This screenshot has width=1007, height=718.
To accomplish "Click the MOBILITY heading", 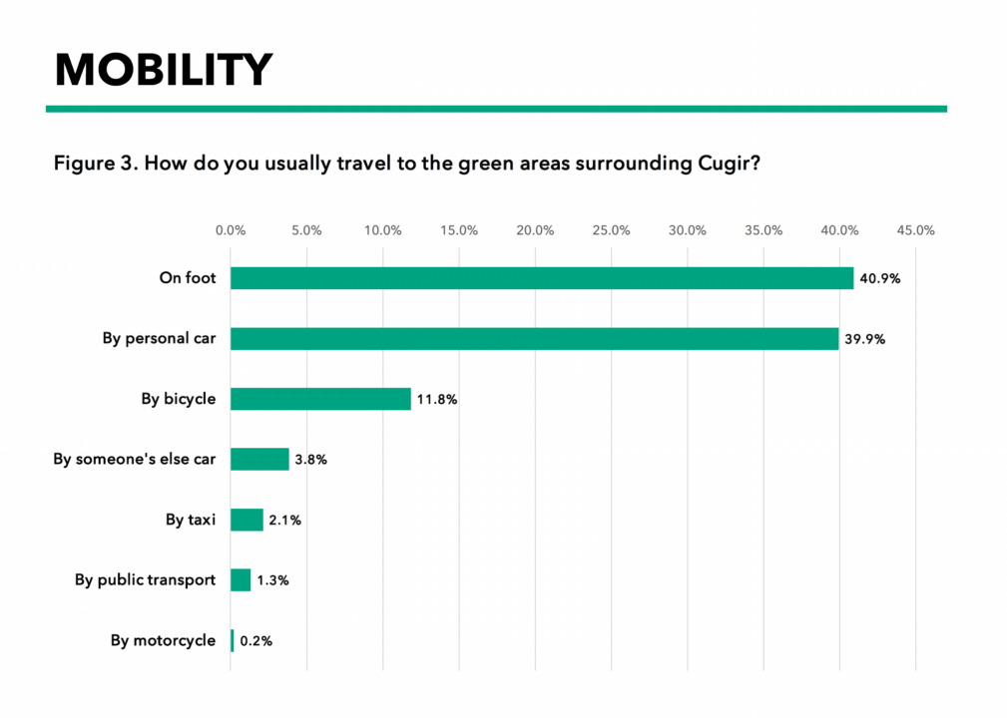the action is point(164,69).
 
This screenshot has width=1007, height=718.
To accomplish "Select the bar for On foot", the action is point(542,278).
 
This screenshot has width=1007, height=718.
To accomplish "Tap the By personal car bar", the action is point(534,338).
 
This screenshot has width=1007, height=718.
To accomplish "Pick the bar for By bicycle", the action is point(320,399).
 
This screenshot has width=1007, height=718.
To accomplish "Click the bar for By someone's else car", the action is point(259,459).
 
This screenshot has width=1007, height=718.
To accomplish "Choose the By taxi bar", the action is point(247,520).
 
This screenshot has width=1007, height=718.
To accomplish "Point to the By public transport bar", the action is point(241,579).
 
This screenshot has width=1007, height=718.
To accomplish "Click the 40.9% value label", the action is point(880,278).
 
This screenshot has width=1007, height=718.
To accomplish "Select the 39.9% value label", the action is point(864,339).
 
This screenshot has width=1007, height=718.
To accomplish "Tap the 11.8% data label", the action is point(437,399).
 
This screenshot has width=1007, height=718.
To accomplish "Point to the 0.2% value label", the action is point(255,640).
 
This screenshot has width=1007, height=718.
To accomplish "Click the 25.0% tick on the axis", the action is point(612,230).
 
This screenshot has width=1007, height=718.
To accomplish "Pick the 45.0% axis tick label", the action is point(916,230).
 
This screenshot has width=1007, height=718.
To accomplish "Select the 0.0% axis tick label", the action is point(231,230).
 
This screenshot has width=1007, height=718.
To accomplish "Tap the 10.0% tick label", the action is point(383,230).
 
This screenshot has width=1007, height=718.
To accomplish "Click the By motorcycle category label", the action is point(163,640).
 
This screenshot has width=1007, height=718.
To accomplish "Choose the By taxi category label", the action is point(191,520).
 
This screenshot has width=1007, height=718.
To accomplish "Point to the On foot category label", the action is point(188,278).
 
